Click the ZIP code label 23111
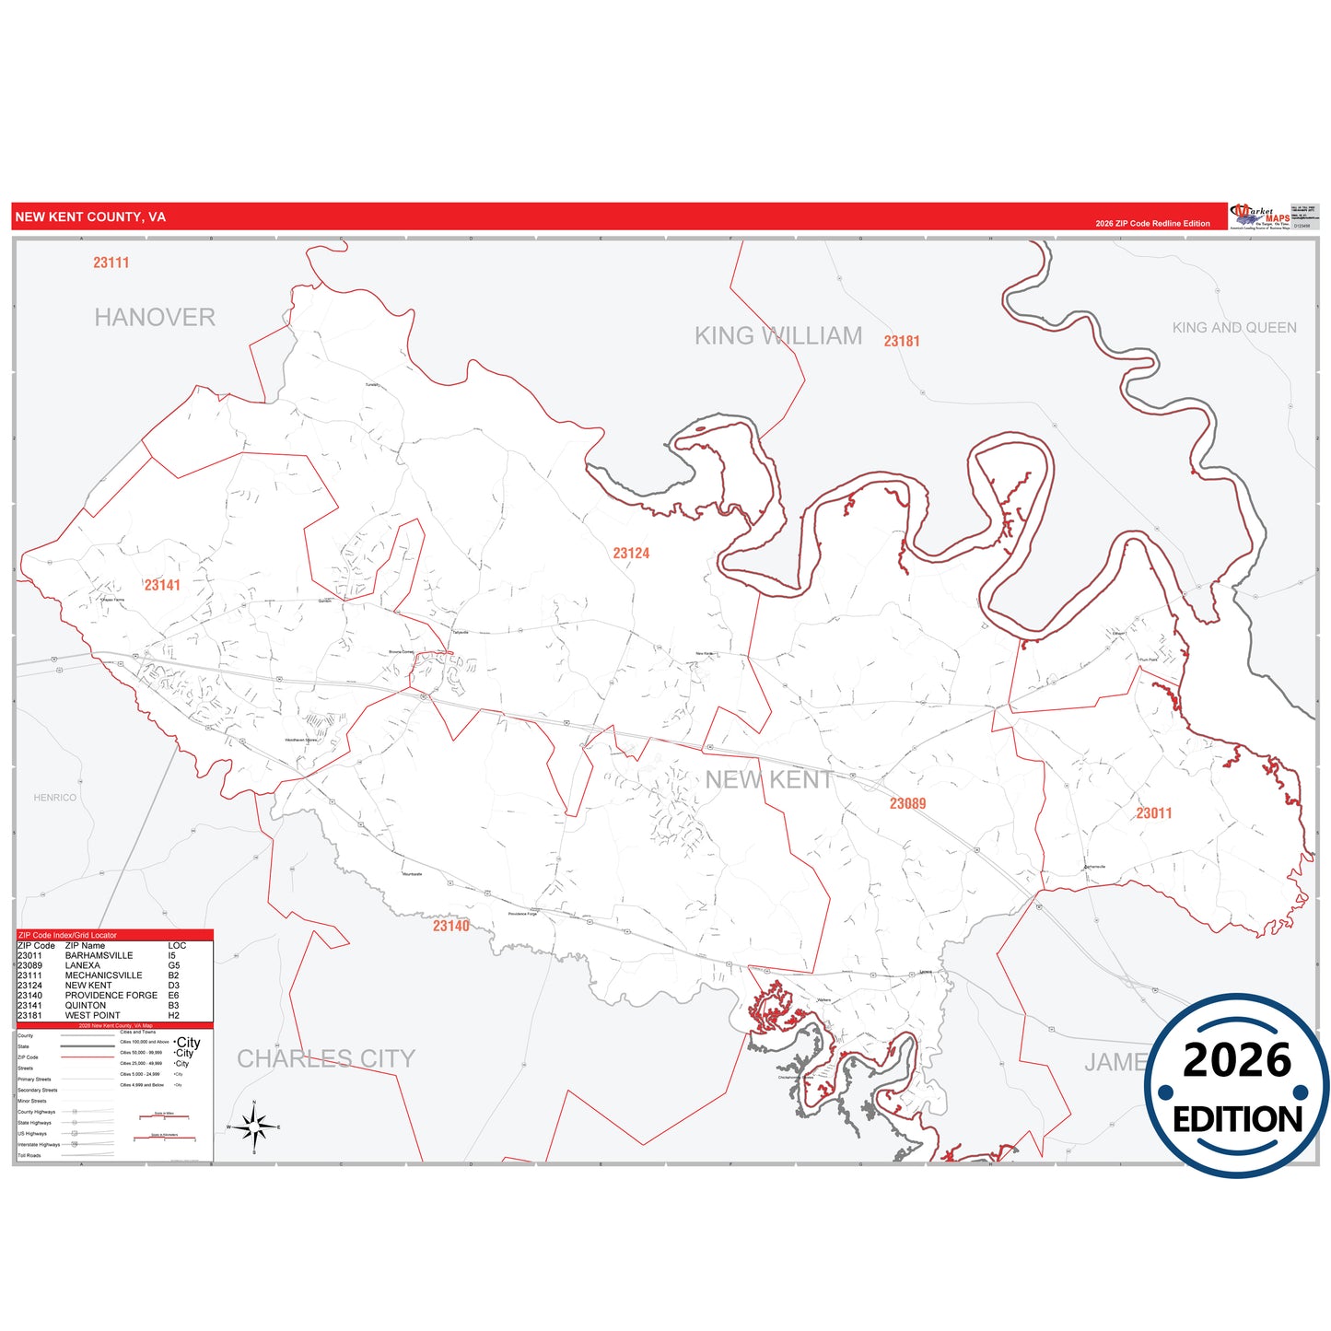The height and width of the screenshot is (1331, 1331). pos(111,263)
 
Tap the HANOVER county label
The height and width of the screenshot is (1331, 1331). pos(155,317)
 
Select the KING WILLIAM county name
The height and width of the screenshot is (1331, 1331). pos(778,335)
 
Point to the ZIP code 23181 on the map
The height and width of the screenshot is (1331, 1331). pos(902,341)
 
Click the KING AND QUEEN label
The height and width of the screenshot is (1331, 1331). pos(1234,328)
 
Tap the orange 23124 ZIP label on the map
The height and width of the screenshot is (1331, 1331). pos(631,554)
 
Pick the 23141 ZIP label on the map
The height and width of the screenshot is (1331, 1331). pos(162,585)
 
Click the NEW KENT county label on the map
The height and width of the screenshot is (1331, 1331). pos(769,779)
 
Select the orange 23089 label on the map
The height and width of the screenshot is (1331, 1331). pos(907,804)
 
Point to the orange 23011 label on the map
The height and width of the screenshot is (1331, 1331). pos(1153,813)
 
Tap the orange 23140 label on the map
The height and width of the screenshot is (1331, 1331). pos(451,926)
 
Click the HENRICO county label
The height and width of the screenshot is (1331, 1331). pos(55,798)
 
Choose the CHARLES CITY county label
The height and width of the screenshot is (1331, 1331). pos(326,1058)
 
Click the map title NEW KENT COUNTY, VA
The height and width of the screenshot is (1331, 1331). pos(90,217)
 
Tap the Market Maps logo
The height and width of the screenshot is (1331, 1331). pos(1260,216)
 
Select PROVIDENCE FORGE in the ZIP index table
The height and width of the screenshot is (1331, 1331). pos(111,996)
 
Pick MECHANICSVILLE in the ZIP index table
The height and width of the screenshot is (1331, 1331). pos(103,975)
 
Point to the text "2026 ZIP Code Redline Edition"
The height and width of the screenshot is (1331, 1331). pos(1152,224)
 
